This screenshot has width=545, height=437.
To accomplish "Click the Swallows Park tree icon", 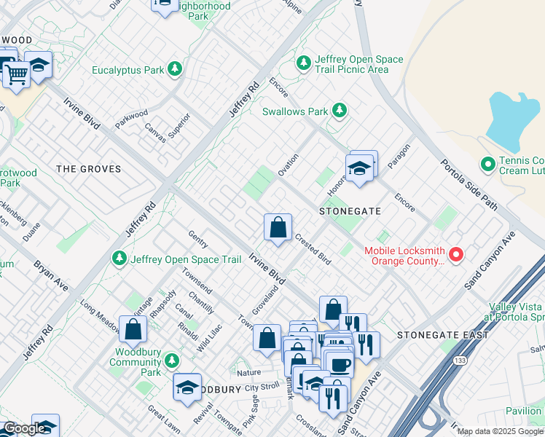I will [339, 111].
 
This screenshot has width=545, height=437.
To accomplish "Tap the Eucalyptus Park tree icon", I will [174, 70].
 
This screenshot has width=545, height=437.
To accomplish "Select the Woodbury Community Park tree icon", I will [171, 361].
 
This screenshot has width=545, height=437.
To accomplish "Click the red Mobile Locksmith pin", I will [456, 254].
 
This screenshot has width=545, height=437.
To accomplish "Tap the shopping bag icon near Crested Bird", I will [278, 228].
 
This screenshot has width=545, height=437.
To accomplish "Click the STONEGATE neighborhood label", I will [350, 210].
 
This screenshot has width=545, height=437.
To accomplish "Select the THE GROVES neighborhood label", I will [88, 169].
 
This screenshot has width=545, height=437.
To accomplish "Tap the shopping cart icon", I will [17, 73].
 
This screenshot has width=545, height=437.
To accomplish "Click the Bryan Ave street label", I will [51, 276].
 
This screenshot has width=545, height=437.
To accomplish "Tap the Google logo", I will [24, 428].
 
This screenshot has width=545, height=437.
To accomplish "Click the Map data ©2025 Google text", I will [499, 431].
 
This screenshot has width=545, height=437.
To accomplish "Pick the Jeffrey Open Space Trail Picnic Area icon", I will [304, 64].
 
